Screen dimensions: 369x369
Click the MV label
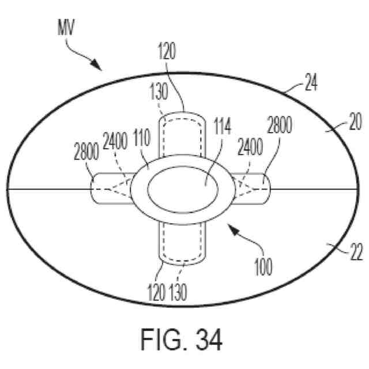(x=64, y=26)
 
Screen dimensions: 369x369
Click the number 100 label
(x=262, y=266)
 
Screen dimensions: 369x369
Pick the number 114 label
(x=221, y=126)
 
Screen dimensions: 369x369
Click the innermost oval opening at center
(x=181, y=189)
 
